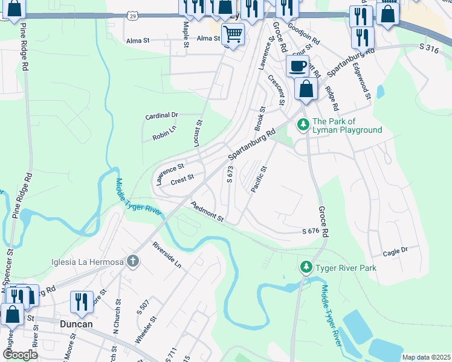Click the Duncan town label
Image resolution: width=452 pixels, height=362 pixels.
point(76,324)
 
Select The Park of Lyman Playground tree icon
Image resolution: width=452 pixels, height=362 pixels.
point(303,125)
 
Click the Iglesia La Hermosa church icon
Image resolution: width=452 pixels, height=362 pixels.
point(133,262)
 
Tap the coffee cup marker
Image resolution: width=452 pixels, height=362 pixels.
point(297,66)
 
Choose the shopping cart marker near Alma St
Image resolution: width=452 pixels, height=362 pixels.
point(233,33)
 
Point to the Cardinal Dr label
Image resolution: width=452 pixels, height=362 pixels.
point(163,115)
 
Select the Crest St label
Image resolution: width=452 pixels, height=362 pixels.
point(182,179)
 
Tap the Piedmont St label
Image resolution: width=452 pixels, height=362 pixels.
point(207,212)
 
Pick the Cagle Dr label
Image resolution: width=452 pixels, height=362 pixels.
point(396,249)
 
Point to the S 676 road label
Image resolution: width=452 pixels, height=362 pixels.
point(310,232)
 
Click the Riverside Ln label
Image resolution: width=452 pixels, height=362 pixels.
point(167,255)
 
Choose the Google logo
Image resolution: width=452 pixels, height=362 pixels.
point(20,355)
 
